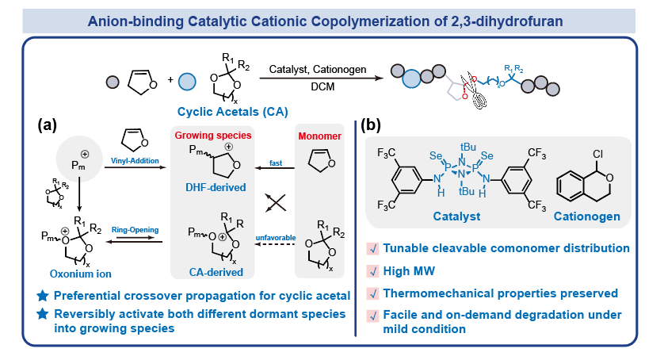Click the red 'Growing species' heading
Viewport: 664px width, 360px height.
[213, 136]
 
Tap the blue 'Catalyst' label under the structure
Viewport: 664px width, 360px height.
[455, 215]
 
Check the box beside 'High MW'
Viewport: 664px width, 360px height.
[372, 270]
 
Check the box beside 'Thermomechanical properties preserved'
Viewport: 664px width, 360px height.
[372, 293]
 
